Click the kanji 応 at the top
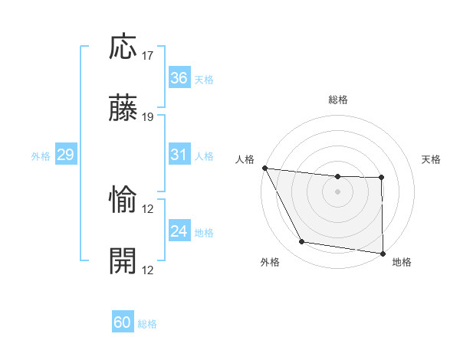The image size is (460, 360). click(x=123, y=47)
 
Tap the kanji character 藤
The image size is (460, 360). click(x=123, y=109)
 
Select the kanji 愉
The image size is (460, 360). click(x=123, y=201)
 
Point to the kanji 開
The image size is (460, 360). click(x=123, y=261)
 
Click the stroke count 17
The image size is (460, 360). click(x=148, y=56)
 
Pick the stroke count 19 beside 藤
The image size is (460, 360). click(x=148, y=117)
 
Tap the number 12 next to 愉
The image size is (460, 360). click(x=148, y=209)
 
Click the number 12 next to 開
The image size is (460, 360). click(x=148, y=270)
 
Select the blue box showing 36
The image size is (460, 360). click(x=179, y=78)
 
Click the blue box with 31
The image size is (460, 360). click(x=179, y=155)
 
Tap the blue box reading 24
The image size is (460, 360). click(x=179, y=231)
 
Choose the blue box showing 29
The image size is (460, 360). click(x=65, y=155)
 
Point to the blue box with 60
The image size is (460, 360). click(x=123, y=322)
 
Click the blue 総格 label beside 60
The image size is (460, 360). click(x=148, y=324)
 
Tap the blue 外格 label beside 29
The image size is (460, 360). click(x=41, y=155)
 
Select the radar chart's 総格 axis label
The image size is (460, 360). click(x=338, y=100)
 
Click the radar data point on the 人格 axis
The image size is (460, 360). click(x=264, y=168)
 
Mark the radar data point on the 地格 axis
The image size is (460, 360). click(x=383, y=253)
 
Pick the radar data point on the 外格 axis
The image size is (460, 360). click(x=302, y=243)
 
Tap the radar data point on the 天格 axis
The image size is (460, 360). click(x=381, y=178)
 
